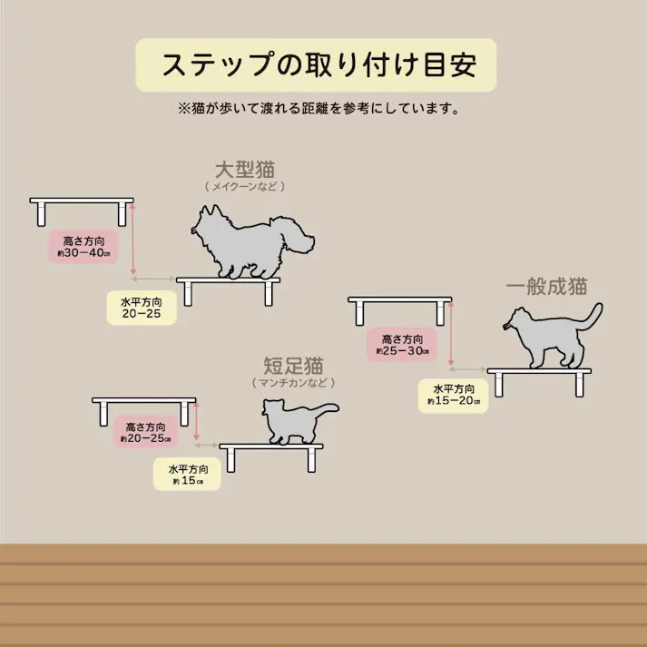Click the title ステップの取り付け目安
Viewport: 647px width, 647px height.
(x=317, y=65)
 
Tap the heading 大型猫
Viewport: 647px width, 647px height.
(x=245, y=170)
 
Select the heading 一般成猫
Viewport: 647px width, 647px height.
(x=547, y=287)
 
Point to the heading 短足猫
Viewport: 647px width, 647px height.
(x=293, y=366)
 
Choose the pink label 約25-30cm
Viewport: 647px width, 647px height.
(x=401, y=345)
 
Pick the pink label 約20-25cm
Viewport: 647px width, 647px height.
(x=145, y=432)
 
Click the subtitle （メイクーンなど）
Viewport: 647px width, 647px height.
(x=245, y=186)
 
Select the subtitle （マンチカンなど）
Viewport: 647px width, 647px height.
(x=293, y=383)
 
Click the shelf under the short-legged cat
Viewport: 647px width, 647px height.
(x=271, y=447)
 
